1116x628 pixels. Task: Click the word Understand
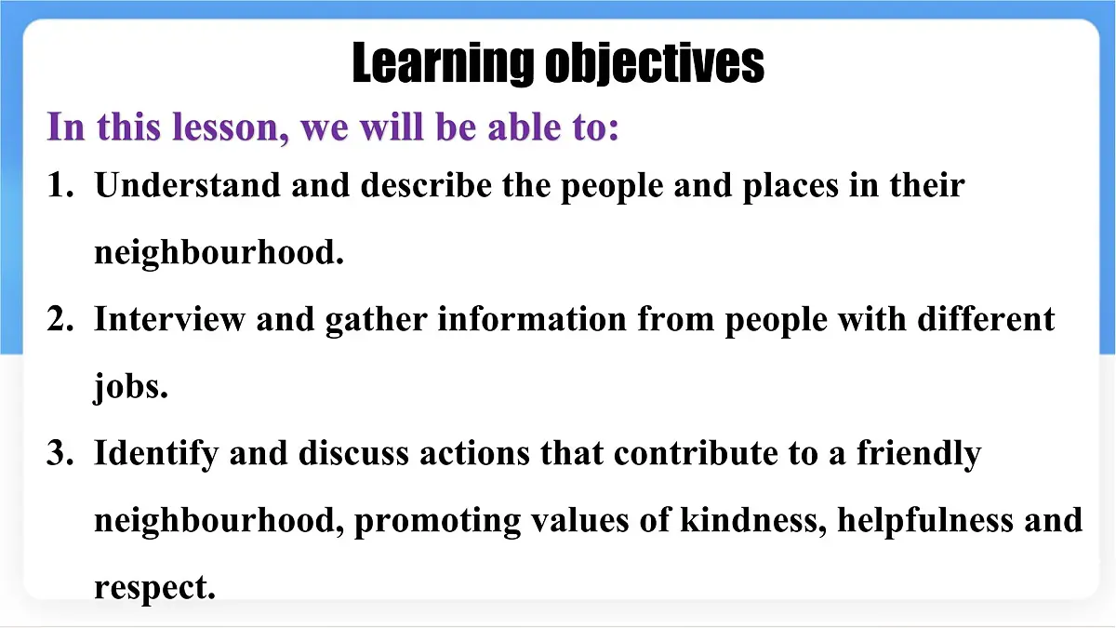(188, 186)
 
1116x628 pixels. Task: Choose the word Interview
(169, 320)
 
